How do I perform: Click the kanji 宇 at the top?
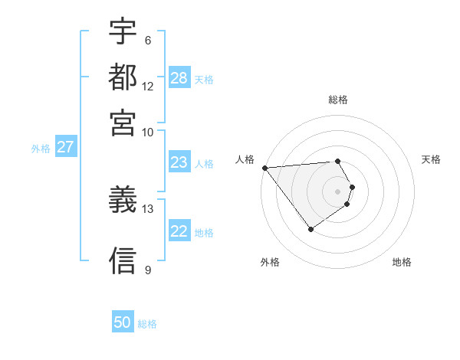123,32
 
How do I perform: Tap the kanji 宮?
123,123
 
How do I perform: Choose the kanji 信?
123,260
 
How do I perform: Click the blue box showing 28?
179,78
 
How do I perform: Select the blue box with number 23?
179,162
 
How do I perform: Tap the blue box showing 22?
179,231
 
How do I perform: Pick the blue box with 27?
65,147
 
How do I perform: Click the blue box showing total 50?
123,322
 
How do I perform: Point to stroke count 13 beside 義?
148,208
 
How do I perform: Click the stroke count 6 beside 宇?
147,41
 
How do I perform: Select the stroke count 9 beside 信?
147,269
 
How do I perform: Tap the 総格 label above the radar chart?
337,100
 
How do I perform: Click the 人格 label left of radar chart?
245,159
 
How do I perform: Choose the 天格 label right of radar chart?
431,159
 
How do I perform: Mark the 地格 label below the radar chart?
402,262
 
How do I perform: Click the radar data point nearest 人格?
264,168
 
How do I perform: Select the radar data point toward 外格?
310,229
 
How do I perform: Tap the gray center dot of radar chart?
337,191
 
